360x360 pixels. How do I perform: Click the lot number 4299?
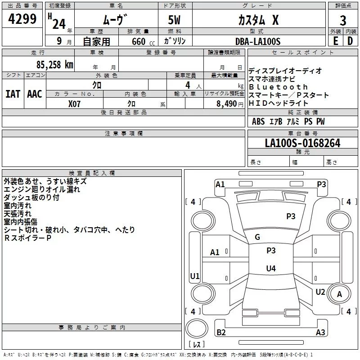[22, 18]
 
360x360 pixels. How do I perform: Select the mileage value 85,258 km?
[55, 65]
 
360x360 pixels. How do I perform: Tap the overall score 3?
[343, 21]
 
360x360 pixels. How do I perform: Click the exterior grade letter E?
[335, 41]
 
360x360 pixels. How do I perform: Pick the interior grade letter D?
[350, 41]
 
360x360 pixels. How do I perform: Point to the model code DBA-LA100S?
[258, 41]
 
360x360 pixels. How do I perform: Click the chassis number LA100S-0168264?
[302, 143]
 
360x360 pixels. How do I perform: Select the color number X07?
[74, 104]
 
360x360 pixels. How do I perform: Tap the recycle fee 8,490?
[227, 103]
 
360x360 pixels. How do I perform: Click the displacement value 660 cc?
[143, 41]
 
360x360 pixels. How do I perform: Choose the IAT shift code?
[13, 94]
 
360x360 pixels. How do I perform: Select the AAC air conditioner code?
[35, 94]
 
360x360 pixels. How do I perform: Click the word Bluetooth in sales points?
[278, 87]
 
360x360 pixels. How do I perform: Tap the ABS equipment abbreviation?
[258, 121]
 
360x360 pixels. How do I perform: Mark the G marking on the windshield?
[257, 237]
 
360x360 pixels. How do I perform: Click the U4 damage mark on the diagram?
[271, 268]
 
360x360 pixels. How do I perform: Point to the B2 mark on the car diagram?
[221, 332]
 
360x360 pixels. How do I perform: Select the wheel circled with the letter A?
[339, 294]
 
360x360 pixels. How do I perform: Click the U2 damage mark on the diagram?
[320, 292]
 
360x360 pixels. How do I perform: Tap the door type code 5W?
[174, 20]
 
